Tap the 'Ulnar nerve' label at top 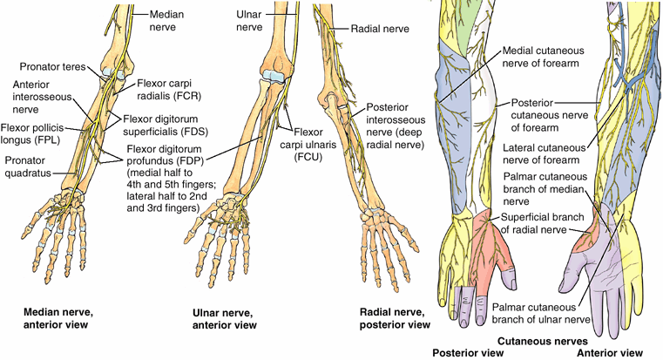[249, 22]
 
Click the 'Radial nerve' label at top [376, 27]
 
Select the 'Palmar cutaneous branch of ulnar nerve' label [534, 313]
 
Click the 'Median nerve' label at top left [168, 22]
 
